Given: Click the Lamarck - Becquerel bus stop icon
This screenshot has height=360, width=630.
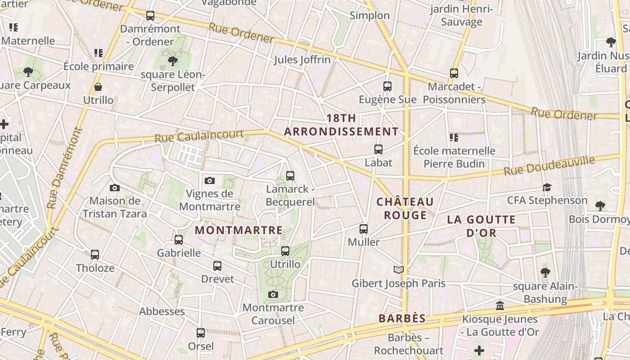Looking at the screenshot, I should click(290, 176).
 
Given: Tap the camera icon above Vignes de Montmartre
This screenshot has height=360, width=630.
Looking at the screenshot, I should click(210, 180).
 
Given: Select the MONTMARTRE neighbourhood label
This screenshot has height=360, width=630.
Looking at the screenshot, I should click(238, 230).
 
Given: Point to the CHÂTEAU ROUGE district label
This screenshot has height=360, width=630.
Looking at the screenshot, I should click(405, 208).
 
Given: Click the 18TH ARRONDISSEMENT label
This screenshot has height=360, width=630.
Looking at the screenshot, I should click(341, 125).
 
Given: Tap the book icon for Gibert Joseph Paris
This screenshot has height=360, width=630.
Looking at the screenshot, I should click(398, 270).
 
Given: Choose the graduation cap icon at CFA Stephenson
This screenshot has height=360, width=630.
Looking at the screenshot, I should click(547, 187).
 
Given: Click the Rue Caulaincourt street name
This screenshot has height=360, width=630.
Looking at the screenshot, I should click(199, 136).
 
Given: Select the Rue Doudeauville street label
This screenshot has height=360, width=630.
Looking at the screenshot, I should click(549, 166).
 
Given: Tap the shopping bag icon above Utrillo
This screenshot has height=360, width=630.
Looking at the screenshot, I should click(98, 87).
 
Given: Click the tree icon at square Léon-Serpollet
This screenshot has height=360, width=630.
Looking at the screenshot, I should click(172, 61).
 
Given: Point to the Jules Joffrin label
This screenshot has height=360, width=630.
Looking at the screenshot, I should click(302, 59).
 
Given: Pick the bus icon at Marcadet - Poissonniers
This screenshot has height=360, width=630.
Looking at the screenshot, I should click(454, 73).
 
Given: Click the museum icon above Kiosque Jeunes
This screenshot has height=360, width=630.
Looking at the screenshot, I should click(499, 306).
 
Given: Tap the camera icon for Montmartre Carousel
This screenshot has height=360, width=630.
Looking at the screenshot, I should click(273, 295).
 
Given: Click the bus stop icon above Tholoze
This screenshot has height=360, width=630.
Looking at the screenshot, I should click(95, 255).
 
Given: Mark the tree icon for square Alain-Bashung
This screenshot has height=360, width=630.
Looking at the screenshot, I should click(545, 272).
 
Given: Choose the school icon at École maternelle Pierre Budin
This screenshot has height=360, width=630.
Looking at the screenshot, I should click(454, 138).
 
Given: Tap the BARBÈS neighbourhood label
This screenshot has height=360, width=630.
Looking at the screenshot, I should click(402, 319).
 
